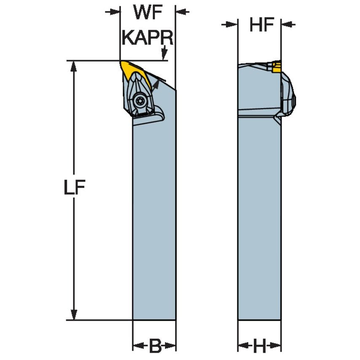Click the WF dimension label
tap(148, 12)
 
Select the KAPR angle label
tap(148, 38)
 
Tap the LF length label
tap(74, 187)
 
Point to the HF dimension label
tap(262, 24)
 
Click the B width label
tap(155, 345)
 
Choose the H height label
tap(259, 345)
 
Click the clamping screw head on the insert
tap(140, 100)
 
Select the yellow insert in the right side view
tap(276, 66)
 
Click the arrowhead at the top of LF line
tap(73, 67)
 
